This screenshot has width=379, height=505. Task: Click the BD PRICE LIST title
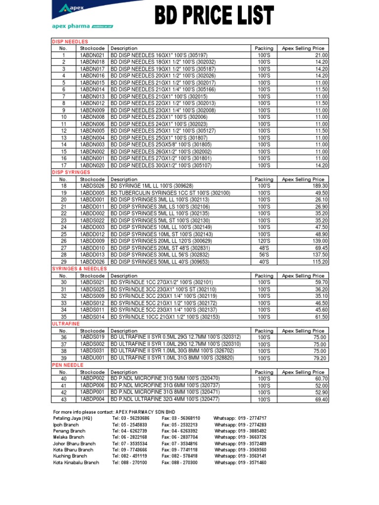pyautogui.click(x=214, y=15)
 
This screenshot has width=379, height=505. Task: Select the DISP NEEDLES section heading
pyautogui.click(x=70, y=42)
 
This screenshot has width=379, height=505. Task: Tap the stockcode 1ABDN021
pyautogui.click(x=92, y=55)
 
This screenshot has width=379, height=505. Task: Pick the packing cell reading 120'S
pyautogui.click(x=264, y=241)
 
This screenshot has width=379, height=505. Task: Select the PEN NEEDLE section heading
pyautogui.click(x=68, y=365)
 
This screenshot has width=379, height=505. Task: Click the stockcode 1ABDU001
pyautogui.click(x=92, y=358)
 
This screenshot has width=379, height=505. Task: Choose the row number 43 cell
pyautogui.click(x=63, y=399)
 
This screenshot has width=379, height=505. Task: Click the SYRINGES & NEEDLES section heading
pyautogui.click(x=79, y=269)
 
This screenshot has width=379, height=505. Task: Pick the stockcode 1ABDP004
pyautogui.click(x=92, y=399)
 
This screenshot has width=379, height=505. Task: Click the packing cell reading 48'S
pyautogui.click(x=264, y=248)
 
